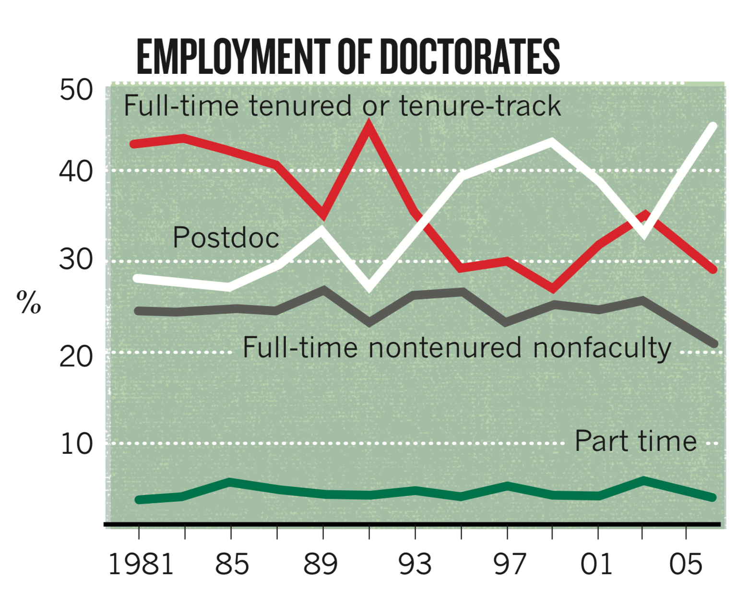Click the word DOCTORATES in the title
472,57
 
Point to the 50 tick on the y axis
76,90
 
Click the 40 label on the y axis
76,171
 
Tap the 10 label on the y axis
76,444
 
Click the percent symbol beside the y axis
29,302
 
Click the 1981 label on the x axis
141,564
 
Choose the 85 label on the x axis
232,564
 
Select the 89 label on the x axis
321,564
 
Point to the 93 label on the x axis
415,564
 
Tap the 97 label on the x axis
510,564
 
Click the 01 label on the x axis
596,564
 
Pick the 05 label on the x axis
686,564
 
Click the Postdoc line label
226,237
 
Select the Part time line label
636,441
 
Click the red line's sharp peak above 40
368,126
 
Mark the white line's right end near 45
713,127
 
